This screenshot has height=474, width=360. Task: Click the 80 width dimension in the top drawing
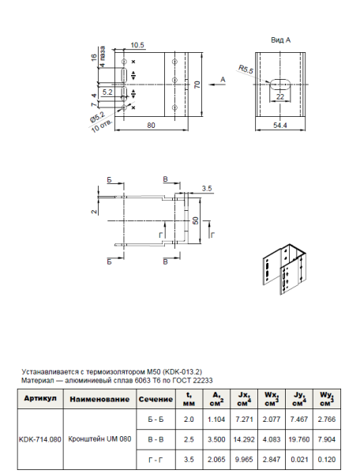(149, 126)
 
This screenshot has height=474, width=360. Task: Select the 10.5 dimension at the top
(136, 44)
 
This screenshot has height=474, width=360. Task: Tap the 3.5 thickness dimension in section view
(207, 189)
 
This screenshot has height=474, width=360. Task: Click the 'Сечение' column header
(150, 399)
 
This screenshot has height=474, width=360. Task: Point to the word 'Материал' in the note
(39, 378)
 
